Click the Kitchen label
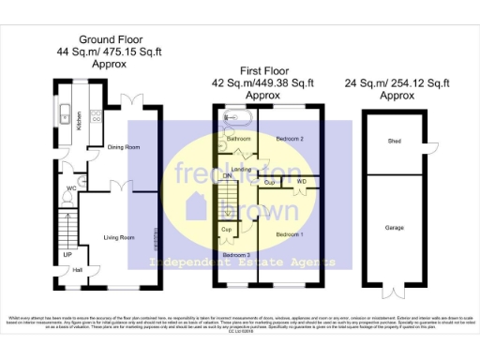(80, 121)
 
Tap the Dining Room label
(123, 147)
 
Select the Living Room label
(120, 238)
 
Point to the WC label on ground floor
(71, 188)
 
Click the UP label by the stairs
(67, 254)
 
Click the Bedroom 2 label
(289, 139)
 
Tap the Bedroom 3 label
(235, 254)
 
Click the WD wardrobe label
(302, 181)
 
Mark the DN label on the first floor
(228, 175)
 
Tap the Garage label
(395, 227)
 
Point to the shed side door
(432, 148)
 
